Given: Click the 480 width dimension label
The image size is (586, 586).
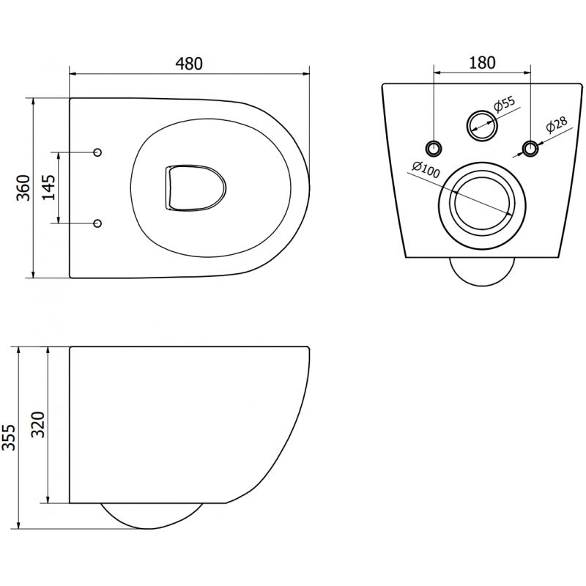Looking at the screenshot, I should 188,64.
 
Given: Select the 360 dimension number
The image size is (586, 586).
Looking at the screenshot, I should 23,188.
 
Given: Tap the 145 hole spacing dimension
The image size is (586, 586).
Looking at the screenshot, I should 48,188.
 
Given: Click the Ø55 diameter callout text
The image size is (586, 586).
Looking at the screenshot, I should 505,107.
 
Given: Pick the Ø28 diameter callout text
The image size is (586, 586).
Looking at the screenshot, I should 555,126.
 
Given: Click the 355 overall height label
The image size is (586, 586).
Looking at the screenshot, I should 10,437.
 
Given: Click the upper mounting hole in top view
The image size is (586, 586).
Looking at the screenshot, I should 98,152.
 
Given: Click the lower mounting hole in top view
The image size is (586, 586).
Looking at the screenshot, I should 98,223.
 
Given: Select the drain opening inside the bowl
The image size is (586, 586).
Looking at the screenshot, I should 192,189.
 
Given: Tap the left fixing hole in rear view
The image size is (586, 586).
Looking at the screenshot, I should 434,148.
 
